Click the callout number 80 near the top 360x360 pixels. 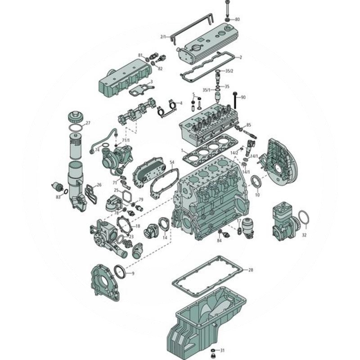pyautogui.click(x=237, y=19)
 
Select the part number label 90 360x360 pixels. pyautogui.click(x=243, y=97)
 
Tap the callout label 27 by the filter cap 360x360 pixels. pyautogui.click(x=88, y=123)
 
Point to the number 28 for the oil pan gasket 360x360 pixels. pyautogui.click(x=251, y=270)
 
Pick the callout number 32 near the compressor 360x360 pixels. pyautogui.click(x=304, y=234)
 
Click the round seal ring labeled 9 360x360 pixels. pyautogui.click(x=120, y=272)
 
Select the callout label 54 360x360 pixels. pyautogui.click(x=171, y=162)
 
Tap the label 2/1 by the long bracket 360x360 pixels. pyautogui.click(x=163, y=36)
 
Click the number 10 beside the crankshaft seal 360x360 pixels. pyautogui.click(x=257, y=195)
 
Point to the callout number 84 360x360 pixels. pyautogui.click(x=219, y=241)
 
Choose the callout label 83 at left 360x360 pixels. pyautogui.click(x=58, y=197)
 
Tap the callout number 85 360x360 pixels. pyautogui.click(x=248, y=125)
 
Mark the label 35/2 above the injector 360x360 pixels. pyautogui.click(x=229, y=71)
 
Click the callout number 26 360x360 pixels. pyautogui.click(x=99, y=184)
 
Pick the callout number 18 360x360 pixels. pyautogui.click(x=138, y=226)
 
